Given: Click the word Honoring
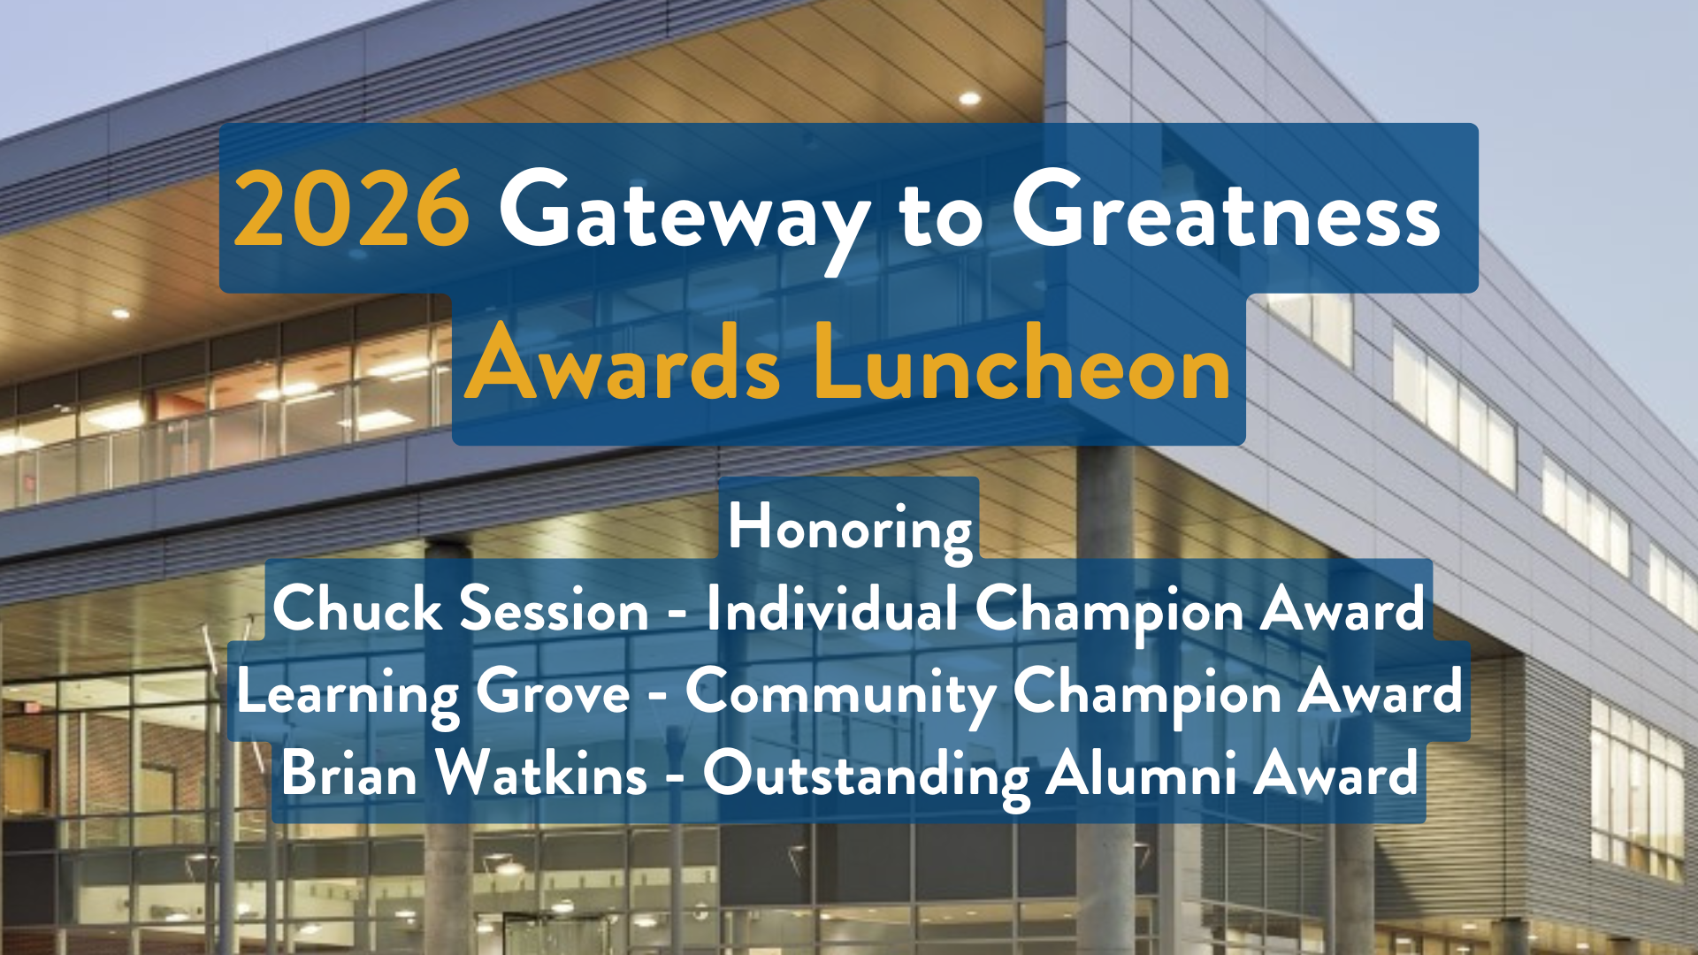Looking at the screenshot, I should (849, 528).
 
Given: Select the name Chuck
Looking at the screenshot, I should (356, 609).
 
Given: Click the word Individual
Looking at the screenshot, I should (831, 609).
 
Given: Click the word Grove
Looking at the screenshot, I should (553, 691).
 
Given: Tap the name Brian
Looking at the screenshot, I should (348, 774).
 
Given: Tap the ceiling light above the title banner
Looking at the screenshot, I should (970, 98).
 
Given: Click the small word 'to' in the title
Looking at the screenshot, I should (940, 217).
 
